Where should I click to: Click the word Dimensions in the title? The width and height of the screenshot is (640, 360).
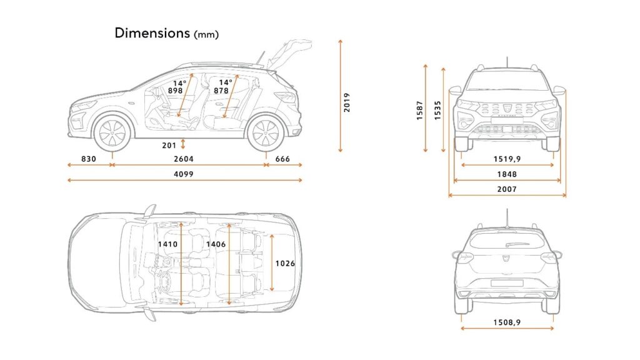pos(152,32)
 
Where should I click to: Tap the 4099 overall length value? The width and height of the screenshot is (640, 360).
pos(184,174)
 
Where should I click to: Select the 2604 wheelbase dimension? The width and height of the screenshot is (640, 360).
pos(184,159)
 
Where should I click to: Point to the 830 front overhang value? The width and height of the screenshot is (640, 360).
pos(89,159)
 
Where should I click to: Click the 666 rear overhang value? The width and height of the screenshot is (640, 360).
pos(282,159)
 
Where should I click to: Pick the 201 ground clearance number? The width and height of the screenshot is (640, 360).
pos(169,145)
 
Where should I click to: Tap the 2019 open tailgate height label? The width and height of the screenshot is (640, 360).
pos(346,102)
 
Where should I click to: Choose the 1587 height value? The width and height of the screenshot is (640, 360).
pos(419,110)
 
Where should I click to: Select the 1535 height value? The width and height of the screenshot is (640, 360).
pos(437,110)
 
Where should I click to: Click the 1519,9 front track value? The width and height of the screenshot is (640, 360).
pos(507,159)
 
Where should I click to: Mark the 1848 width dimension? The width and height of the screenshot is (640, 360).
pos(507,174)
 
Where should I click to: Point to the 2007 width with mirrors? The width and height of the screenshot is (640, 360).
pos(507,189)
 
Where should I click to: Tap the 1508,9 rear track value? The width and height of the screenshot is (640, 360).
pos(507,322)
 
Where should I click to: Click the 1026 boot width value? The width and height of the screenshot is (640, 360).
pos(285,263)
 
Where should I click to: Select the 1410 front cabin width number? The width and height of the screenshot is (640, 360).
pos(167,244)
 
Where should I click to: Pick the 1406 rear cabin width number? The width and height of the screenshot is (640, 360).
pos(216,244)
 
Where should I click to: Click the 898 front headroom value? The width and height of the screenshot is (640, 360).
pos(176,91)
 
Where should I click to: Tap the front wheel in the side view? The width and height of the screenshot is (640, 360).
pos(112,133)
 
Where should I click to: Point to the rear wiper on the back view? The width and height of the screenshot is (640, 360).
pos(517,244)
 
